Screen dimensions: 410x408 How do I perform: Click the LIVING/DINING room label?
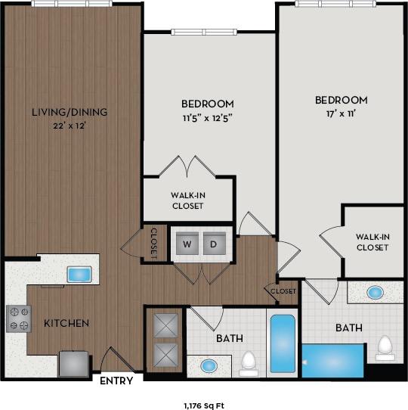tap(69, 112)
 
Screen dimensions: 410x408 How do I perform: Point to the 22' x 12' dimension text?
tap(69, 126)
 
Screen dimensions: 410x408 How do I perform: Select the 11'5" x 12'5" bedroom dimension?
tap(207, 117)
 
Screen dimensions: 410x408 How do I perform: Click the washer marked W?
tap(187, 244)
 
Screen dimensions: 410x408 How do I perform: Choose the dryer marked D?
tap(213, 244)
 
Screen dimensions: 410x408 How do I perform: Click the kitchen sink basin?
tap(79, 275)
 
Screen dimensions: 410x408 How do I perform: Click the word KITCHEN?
tap(66, 324)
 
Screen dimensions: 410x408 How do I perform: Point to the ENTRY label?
tap(116, 380)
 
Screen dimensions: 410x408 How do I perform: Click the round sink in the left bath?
tap(209, 367)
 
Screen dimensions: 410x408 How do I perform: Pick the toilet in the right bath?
tap(385, 347)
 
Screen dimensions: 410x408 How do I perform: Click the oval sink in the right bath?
tap(375, 291)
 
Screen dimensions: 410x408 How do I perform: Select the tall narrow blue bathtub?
tap(283, 344)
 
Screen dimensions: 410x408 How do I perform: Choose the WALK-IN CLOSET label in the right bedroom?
tap(372, 241)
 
